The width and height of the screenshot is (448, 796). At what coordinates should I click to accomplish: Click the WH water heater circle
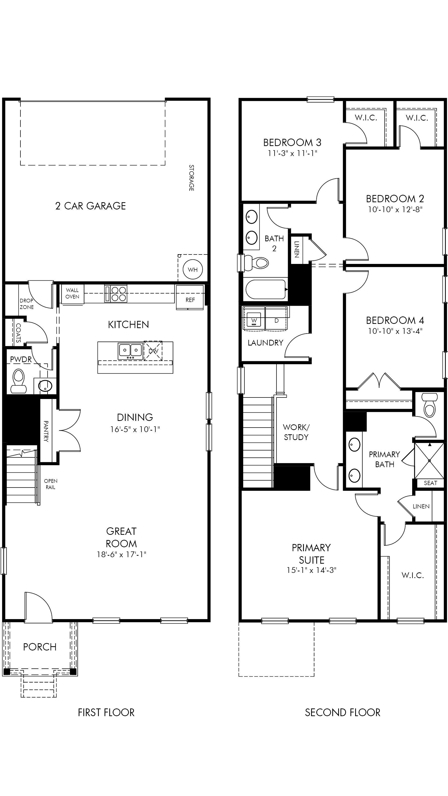tap(193, 269)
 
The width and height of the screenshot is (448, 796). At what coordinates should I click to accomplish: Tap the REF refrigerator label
tap(190, 300)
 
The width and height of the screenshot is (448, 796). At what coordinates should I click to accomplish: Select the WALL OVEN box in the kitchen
tap(72, 294)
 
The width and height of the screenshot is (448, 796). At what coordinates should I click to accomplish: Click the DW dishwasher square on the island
tap(153, 351)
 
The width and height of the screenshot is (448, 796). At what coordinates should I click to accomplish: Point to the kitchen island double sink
tap(130, 351)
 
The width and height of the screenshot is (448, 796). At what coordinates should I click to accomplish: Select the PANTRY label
tap(46, 431)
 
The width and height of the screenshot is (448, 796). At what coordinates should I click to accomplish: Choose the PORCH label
tap(40, 647)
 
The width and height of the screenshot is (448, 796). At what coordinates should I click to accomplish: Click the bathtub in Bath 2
tap(266, 289)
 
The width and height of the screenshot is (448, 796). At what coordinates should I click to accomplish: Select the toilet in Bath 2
tap(256, 263)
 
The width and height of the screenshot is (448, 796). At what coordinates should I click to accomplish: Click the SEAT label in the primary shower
tap(430, 483)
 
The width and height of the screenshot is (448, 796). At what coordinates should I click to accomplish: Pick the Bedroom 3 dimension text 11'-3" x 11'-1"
tap(292, 153)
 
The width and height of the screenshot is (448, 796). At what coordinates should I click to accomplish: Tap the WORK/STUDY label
tap(296, 432)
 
